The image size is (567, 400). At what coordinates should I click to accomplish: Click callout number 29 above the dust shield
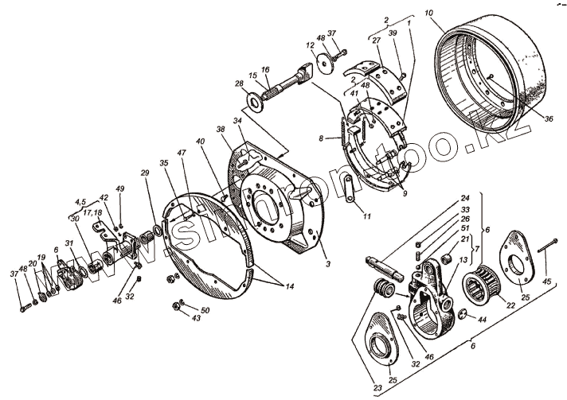click(x=145, y=173)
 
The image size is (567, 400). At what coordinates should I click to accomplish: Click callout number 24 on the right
click(x=464, y=198)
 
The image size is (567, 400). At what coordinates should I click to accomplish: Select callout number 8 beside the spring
click(x=322, y=138)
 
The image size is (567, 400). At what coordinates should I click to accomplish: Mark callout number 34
click(x=237, y=121)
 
